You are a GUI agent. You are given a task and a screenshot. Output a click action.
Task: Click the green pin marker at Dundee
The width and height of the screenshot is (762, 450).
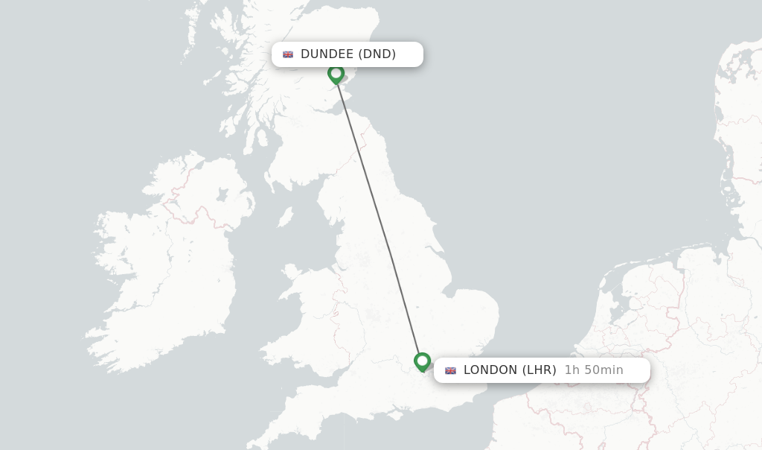336,74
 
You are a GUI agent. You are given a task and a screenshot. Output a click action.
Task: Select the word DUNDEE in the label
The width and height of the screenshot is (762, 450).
327,54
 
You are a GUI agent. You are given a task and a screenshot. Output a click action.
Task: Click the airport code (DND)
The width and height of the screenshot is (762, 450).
377,54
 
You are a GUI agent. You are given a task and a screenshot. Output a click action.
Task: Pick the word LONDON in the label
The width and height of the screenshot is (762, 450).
490,370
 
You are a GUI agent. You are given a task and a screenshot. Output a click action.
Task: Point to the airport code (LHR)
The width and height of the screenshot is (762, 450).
540,370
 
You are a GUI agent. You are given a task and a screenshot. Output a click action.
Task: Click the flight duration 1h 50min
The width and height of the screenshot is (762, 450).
594,370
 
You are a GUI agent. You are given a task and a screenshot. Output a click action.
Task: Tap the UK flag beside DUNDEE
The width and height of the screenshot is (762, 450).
288,54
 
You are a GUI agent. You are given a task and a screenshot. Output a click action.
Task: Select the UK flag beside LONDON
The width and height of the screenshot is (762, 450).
450,370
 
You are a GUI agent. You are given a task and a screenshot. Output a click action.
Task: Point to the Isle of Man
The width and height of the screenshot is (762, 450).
285,217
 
